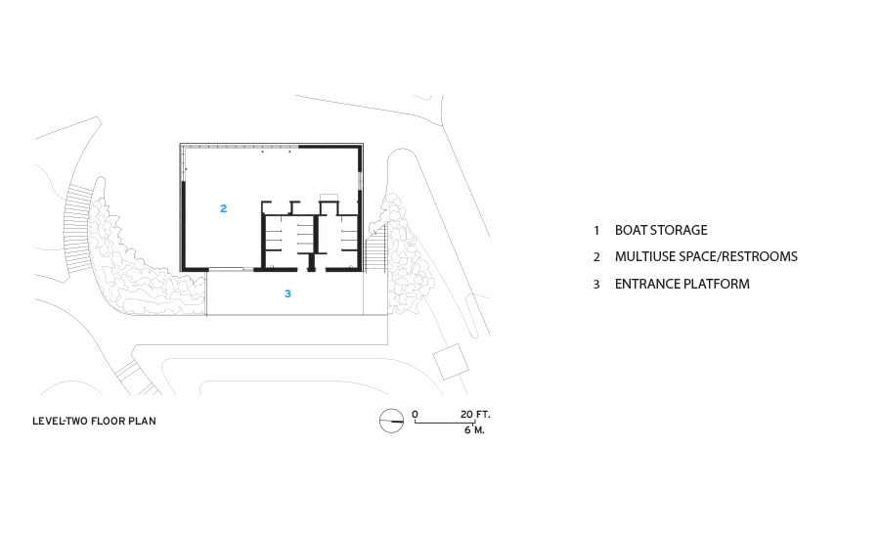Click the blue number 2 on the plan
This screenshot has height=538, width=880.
(x=224, y=208)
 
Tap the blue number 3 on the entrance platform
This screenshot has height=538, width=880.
(x=287, y=292)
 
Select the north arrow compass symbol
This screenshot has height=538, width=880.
(x=391, y=421)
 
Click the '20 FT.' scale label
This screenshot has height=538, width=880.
(x=473, y=415)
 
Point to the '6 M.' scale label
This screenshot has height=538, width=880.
(x=474, y=430)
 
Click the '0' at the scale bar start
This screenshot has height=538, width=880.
(x=415, y=415)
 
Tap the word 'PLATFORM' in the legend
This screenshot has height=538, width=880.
(x=716, y=285)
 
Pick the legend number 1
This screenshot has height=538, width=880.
(x=595, y=231)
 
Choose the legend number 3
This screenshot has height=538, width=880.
(x=595, y=285)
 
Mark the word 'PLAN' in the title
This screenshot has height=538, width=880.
(x=145, y=422)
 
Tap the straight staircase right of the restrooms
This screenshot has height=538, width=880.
(x=377, y=249)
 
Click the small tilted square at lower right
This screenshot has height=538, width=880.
(x=451, y=362)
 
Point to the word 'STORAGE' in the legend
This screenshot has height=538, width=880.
(x=680, y=231)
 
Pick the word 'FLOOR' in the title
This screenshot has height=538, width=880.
(x=110, y=422)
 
